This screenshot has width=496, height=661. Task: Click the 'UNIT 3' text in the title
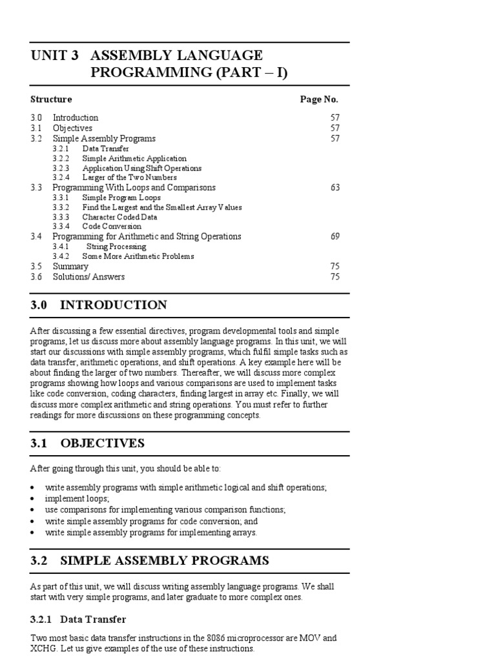[55, 56]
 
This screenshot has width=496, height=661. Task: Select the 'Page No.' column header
[319, 99]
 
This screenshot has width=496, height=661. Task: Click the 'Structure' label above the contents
[51, 99]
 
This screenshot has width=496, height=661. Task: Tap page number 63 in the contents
[335, 187]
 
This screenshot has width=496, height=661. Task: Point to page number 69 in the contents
[335, 236]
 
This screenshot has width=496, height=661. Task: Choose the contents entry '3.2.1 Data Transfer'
[90, 148]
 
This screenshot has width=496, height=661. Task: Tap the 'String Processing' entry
[116, 247]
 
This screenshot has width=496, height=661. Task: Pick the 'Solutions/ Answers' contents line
[88, 277]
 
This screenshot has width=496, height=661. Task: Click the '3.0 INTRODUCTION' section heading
[98, 305]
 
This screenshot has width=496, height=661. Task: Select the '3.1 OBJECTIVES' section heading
[87, 443]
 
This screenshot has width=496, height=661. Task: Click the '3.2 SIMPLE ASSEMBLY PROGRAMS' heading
[149, 561]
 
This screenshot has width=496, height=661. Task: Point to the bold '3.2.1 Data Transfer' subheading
[78, 620]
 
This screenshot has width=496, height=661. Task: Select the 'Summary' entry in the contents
[70, 267]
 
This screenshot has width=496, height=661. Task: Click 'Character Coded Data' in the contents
[120, 217]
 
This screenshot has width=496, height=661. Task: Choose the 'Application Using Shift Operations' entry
[141, 168]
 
